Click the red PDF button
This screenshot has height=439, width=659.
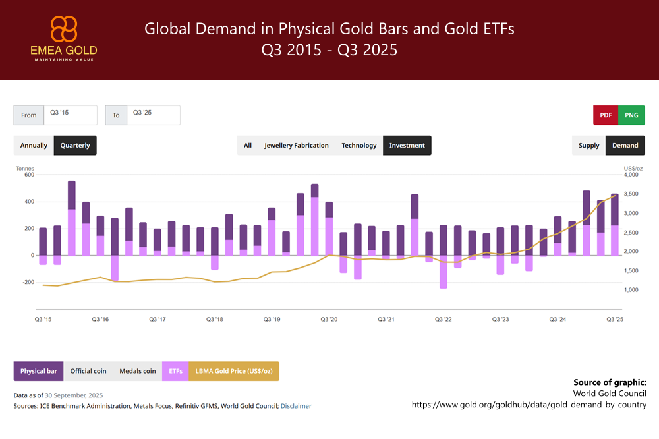click(x=606, y=115)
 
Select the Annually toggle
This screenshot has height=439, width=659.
click(x=34, y=145)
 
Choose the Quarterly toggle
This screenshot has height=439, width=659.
click(x=75, y=145)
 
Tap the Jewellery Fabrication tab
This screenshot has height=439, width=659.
click(x=296, y=145)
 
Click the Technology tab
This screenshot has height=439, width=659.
click(x=359, y=145)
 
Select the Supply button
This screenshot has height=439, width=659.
click(x=588, y=145)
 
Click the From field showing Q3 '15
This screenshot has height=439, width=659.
click(x=70, y=115)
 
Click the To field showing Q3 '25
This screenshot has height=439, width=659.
click(x=153, y=115)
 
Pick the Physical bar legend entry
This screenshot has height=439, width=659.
click(x=38, y=371)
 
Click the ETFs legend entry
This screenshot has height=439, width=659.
click(x=175, y=371)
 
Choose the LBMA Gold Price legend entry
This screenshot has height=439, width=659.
click(x=234, y=371)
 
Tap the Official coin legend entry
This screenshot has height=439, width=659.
click(x=88, y=371)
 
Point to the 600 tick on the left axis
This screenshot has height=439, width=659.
click(x=29, y=175)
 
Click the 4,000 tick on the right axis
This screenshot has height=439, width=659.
click(x=631, y=175)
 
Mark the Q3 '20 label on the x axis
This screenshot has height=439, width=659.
click(x=329, y=319)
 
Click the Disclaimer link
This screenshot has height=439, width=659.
click(x=296, y=406)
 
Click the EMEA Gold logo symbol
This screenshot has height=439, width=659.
click(x=64, y=30)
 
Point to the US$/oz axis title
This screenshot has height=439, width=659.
click(x=633, y=169)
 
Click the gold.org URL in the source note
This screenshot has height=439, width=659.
click(x=529, y=404)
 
